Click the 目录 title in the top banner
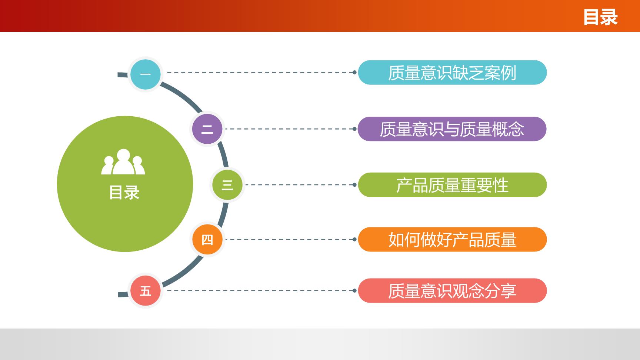click(x=600, y=17)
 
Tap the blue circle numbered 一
click(x=146, y=74)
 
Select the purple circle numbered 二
click(x=207, y=129)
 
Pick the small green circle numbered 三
click(x=227, y=184)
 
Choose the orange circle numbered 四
click(x=207, y=239)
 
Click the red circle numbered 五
click(x=146, y=291)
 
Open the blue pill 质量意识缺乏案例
click(x=452, y=73)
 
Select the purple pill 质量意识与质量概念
click(x=452, y=129)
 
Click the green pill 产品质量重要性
click(x=452, y=184)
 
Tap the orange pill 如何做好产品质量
click(x=452, y=239)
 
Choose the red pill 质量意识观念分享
click(x=452, y=291)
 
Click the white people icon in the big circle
click(x=123, y=161)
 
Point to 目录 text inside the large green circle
click(x=124, y=193)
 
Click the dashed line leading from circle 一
click(x=260, y=72)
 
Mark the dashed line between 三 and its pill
click(x=299, y=184)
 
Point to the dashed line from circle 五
click(x=260, y=291)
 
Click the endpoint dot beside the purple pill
click(x=354, y=129)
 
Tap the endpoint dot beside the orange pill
click(x=354, y=239)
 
